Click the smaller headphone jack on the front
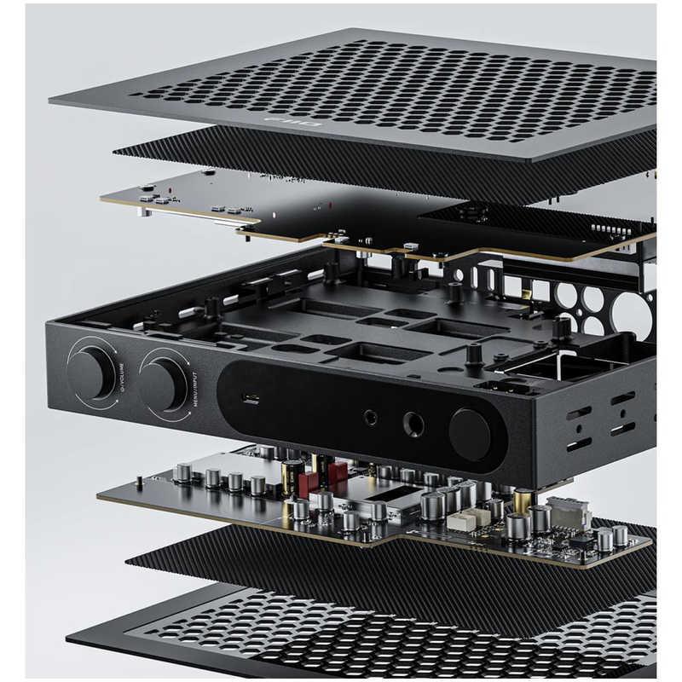coord(371,418)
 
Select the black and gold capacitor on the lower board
coord(292,474)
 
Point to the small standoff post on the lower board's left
coord(139,482)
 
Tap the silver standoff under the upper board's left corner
coord(145,210)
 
